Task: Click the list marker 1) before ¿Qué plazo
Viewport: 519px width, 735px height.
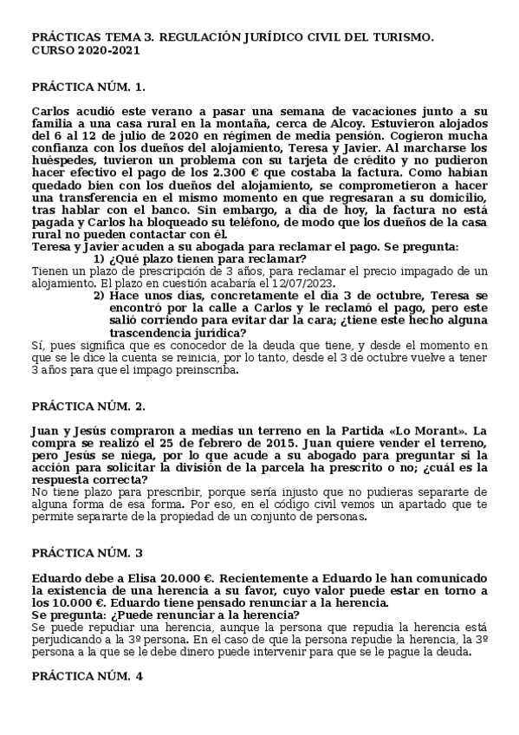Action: click(x=99, y=259)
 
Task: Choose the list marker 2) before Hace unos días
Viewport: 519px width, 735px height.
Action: click(x=99, y=296)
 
